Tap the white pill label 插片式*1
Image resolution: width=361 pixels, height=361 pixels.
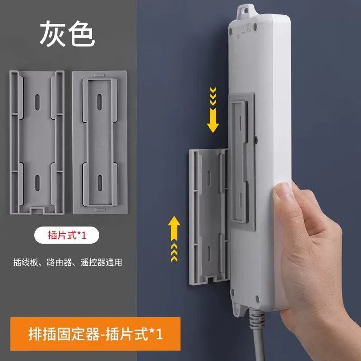pos(65,236)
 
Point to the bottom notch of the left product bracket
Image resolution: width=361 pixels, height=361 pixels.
pos(36,209)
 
